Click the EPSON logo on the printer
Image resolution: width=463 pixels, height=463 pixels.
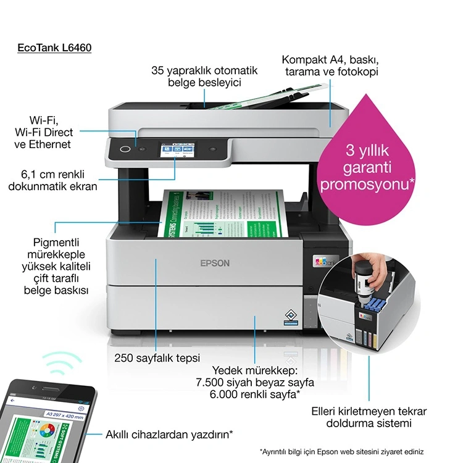(215, 263)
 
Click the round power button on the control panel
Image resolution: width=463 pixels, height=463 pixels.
(125, 149)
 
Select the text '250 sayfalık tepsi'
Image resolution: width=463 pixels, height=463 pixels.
(157, 357)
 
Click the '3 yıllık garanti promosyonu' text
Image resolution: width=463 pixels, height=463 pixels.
(366, 167)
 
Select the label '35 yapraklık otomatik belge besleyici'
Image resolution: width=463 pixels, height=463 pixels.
(204, 76)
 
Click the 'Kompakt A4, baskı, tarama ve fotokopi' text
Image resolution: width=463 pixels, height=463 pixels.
(330, 66)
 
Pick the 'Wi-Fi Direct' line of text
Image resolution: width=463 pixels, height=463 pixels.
(44, 132)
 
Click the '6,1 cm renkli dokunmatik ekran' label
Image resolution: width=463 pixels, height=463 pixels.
(52, 180)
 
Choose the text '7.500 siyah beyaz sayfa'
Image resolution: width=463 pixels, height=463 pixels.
(254, 383)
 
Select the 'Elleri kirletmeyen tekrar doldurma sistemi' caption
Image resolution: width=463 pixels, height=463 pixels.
(369, 417)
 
